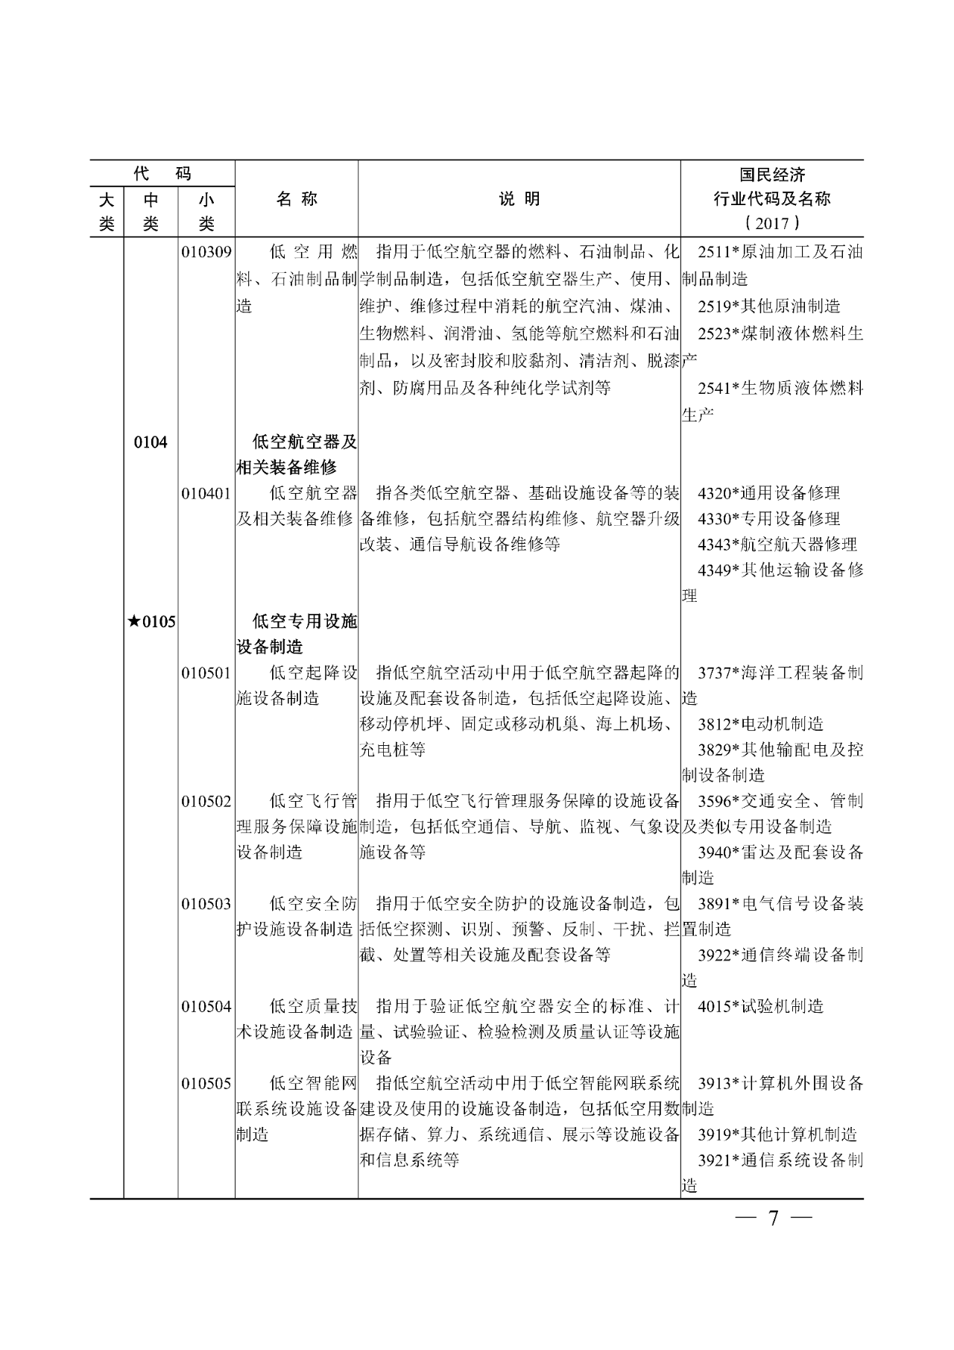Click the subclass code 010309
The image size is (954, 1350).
(206, 252)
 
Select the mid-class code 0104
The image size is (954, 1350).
(151, 442)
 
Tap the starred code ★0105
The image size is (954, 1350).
(151, 621)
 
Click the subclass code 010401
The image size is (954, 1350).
(206, 493)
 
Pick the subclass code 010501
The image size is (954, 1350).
(206, 673)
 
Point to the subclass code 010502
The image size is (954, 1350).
(206, 801)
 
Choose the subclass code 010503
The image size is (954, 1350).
(206, 904)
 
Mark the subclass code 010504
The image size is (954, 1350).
(206, 1007)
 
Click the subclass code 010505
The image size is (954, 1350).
(206, 1084)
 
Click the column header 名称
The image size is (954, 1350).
(297, 199)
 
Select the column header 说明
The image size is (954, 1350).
(519, 199)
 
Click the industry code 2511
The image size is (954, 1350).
(713, 252)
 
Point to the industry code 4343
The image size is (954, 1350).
(713, 544)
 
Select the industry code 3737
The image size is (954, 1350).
(713, 673)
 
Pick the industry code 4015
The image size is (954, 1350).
(713, 1007)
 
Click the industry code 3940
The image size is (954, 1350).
(713, 853)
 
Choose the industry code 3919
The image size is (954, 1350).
(713, 1135)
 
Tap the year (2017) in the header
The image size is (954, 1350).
(772, 223)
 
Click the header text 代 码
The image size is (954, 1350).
(162, 174)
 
